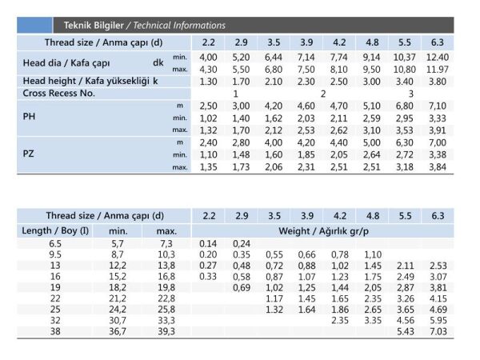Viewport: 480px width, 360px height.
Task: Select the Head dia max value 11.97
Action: (x=437, y=69)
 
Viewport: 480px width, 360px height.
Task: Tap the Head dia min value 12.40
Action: (x=437, y=58)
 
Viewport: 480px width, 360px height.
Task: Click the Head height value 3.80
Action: (x=437, y=81)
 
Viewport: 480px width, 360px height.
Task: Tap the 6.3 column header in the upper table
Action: (x=438, y=42)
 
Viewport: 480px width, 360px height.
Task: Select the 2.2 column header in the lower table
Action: (x=209, y=216)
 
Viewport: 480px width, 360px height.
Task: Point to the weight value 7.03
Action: (x=437, y=331)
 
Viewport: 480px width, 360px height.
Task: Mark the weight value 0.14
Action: (x=208, y=243)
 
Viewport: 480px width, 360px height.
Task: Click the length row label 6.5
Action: (x=55, y=243)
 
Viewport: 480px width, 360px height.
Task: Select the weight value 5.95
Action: (x=437, y=320)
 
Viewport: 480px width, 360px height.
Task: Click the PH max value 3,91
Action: (x=437, y=130)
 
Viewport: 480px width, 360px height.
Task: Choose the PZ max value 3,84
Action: (x=437, y=166)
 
